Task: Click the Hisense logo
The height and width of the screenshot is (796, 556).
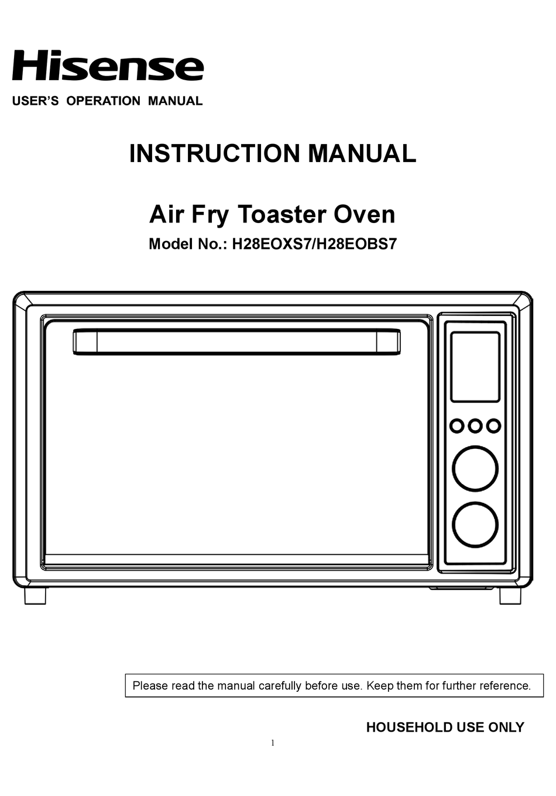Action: coord(108,66)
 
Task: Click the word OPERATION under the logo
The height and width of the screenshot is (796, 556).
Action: coord(104,101)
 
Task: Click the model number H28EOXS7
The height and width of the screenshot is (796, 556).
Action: coord(271,244)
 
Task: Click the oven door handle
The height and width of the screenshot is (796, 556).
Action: coord(236,341)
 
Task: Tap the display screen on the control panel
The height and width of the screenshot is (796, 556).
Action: coord(475,367)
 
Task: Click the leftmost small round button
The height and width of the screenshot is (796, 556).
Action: coord(457,426)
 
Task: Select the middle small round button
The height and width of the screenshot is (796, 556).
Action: coord(475,426)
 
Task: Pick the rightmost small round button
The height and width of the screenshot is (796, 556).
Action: coord(493,426)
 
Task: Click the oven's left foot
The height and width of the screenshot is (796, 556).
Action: coord(35,596)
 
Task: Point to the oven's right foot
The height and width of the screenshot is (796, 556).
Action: coord(510,596)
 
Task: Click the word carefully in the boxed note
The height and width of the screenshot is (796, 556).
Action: coord(280,685)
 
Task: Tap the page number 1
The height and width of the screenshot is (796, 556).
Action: coord(273,743)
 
